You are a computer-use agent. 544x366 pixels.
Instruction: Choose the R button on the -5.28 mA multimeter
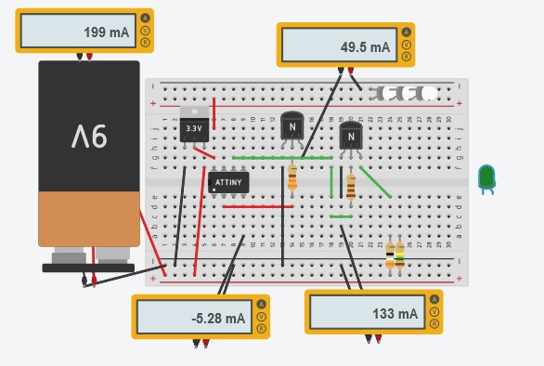coord(262,329)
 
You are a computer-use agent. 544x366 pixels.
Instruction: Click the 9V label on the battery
coord(89,137)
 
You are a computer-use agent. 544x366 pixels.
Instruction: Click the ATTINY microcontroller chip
coord(228,183)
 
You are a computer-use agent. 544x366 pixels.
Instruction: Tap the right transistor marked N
coord(350,137)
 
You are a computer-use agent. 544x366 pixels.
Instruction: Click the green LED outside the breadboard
coord(486,177)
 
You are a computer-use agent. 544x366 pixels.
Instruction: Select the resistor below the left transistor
coord(292,177)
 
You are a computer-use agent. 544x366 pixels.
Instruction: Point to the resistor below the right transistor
coord(350,187)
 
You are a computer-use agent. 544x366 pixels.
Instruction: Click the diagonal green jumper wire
coord(376,183)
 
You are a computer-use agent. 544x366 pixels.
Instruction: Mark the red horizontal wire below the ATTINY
coord(251,206)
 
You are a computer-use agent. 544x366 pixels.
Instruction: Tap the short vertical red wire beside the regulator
coord(214,113)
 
